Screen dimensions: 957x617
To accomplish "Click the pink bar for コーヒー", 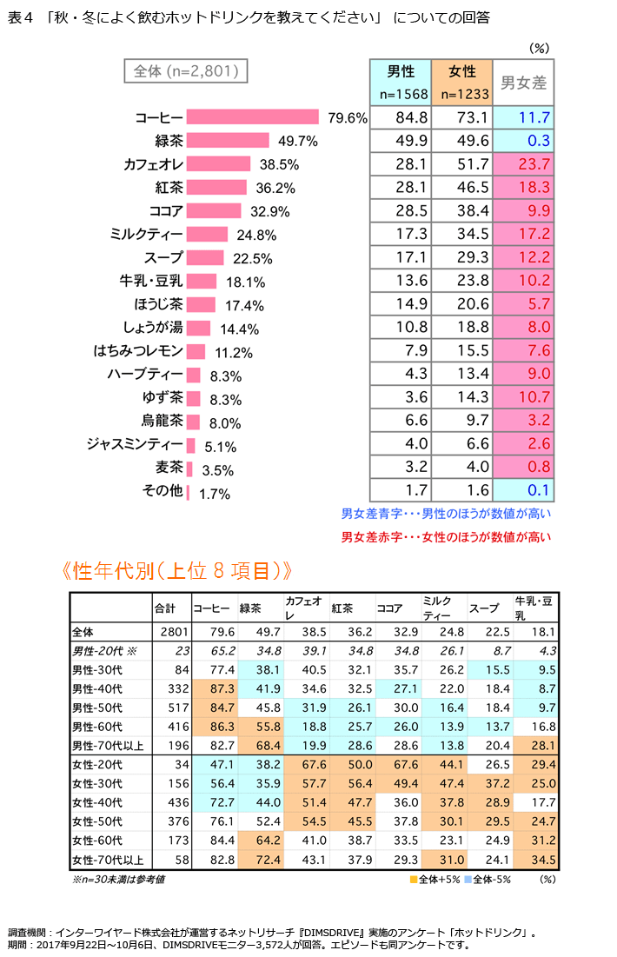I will [x=253, y=117].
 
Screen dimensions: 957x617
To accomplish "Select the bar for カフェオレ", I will [x=219, y=164].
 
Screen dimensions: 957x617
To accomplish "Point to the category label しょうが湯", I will [x=152, y=328].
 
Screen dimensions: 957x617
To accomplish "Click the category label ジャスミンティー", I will [x=136, y=445].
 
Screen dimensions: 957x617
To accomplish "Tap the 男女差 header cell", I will [x=524, y=83].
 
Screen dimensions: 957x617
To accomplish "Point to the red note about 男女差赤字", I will [x=446, y=537].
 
